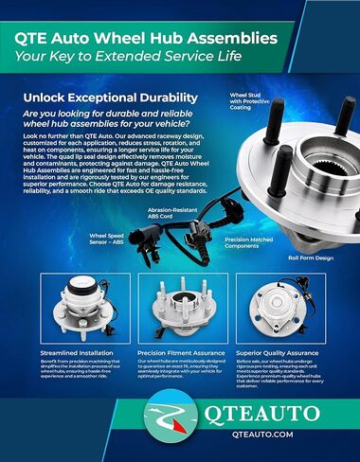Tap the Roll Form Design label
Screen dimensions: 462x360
[311, 257]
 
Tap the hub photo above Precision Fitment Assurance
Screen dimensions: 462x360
[179, 307]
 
